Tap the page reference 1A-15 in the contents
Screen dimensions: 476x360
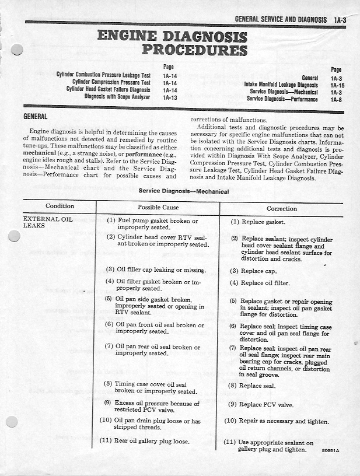click(x=337, y=85)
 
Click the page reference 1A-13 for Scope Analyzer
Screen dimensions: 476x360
click(x=170, y=97)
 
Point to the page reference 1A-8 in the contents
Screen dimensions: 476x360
click(x=336, y=99)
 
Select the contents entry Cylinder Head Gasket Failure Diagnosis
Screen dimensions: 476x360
click(x=108, y=90)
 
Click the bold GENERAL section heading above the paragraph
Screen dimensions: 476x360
click(x=35, y=117)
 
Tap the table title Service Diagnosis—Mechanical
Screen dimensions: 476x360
click(x=175, y=191)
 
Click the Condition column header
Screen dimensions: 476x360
click(x=60, y=206)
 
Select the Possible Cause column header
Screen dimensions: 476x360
click(x=158, y=207)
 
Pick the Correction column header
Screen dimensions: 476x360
click(x=282, y=208)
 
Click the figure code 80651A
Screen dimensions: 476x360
click(x=330, y=451)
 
